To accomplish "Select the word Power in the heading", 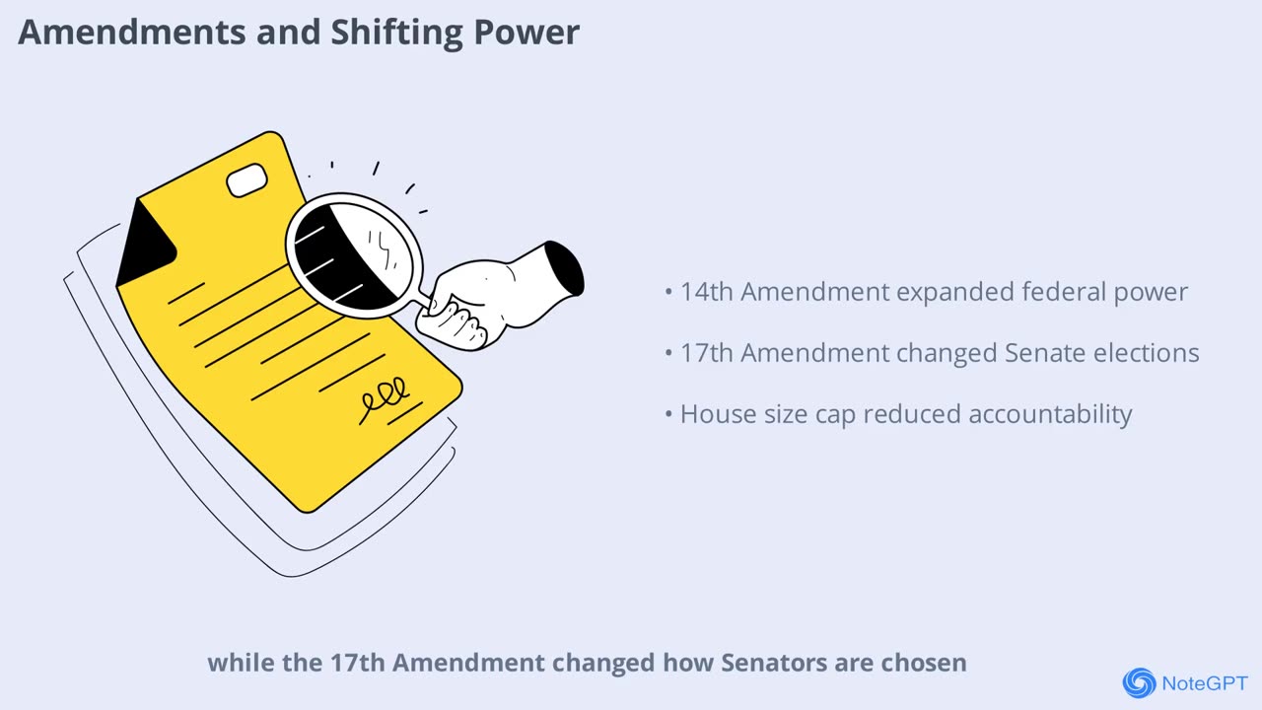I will coord(532,33).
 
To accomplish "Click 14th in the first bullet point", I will coord(707,292).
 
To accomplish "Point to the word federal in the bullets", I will coord(1055,292).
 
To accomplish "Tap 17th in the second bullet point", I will coord(707,353).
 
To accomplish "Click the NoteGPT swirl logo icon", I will coord(1139,682).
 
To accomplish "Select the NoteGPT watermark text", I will coord(1205,683).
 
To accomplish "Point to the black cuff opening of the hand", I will coord(564,268).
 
